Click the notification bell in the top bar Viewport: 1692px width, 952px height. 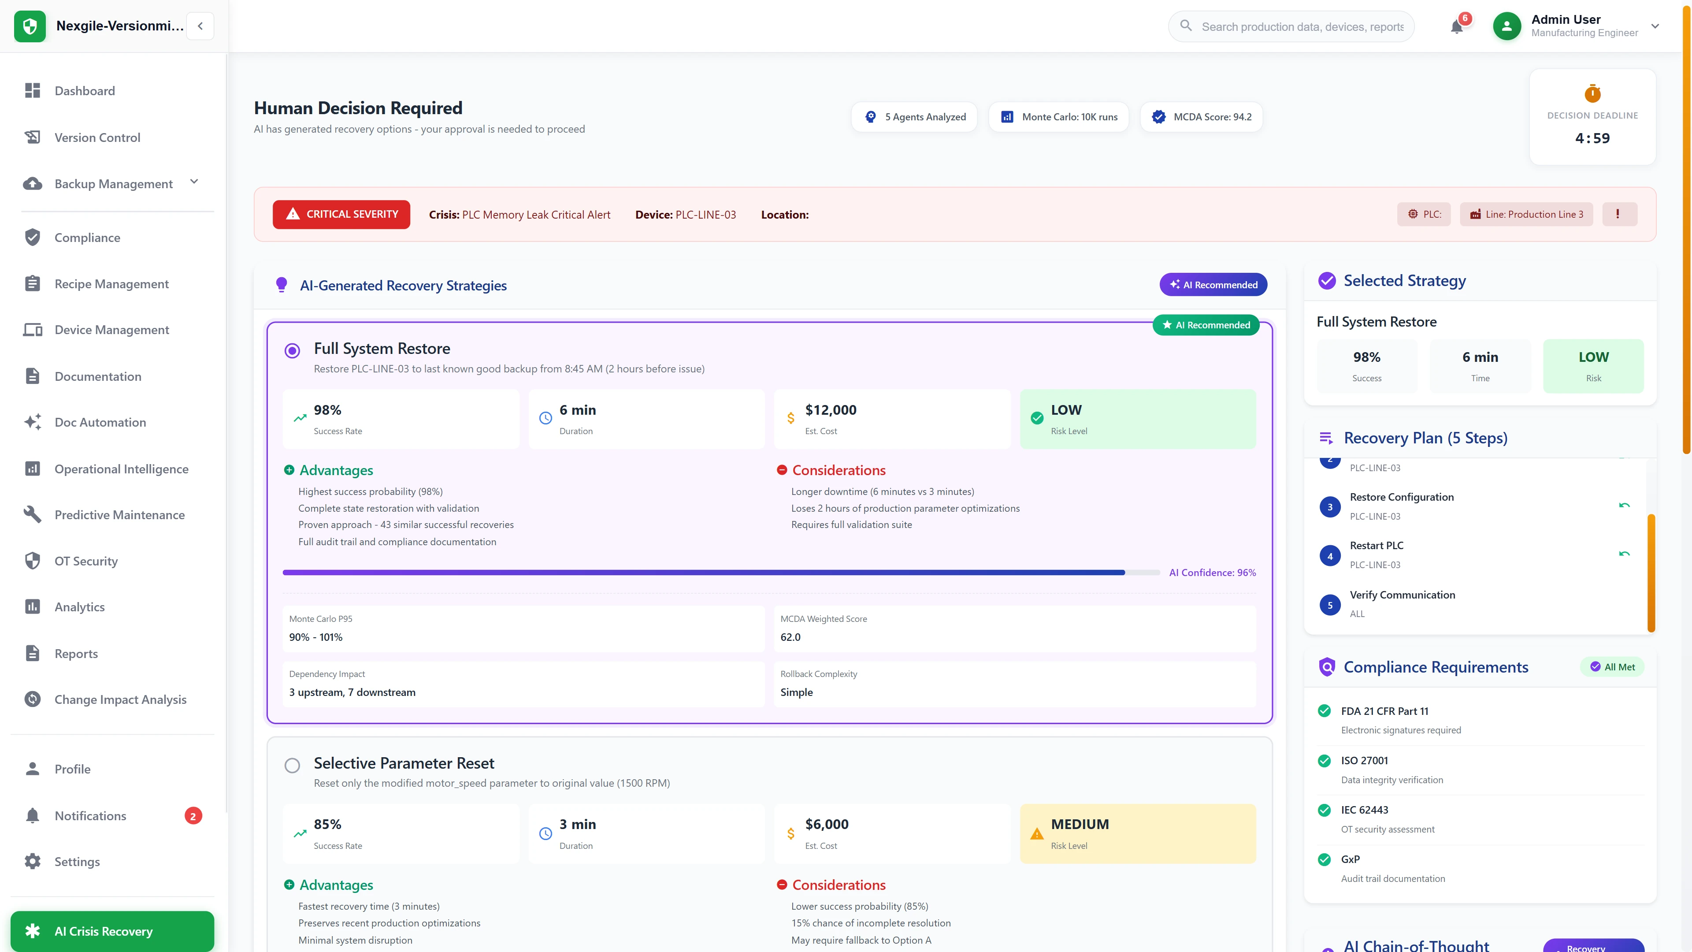point(1456,27)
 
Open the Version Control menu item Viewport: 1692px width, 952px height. point(97,138)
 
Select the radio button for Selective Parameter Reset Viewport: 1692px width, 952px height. point(292,766)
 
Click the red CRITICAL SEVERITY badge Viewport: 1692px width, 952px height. point(341,214)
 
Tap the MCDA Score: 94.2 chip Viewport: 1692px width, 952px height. point(1201,117)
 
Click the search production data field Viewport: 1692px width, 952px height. point(1302,27)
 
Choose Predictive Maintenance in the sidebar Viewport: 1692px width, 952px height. point(119,515)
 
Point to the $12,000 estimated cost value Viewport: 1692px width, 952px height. point(830,410)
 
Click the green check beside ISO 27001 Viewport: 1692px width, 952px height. point(1324,761)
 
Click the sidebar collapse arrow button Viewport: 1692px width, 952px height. point(200,26)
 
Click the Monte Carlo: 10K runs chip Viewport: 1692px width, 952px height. point(1059,117)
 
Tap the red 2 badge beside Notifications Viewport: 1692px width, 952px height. point(193,816)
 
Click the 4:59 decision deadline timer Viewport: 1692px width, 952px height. point(1592,138)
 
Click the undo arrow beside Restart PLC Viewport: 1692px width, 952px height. point(1624,554)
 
